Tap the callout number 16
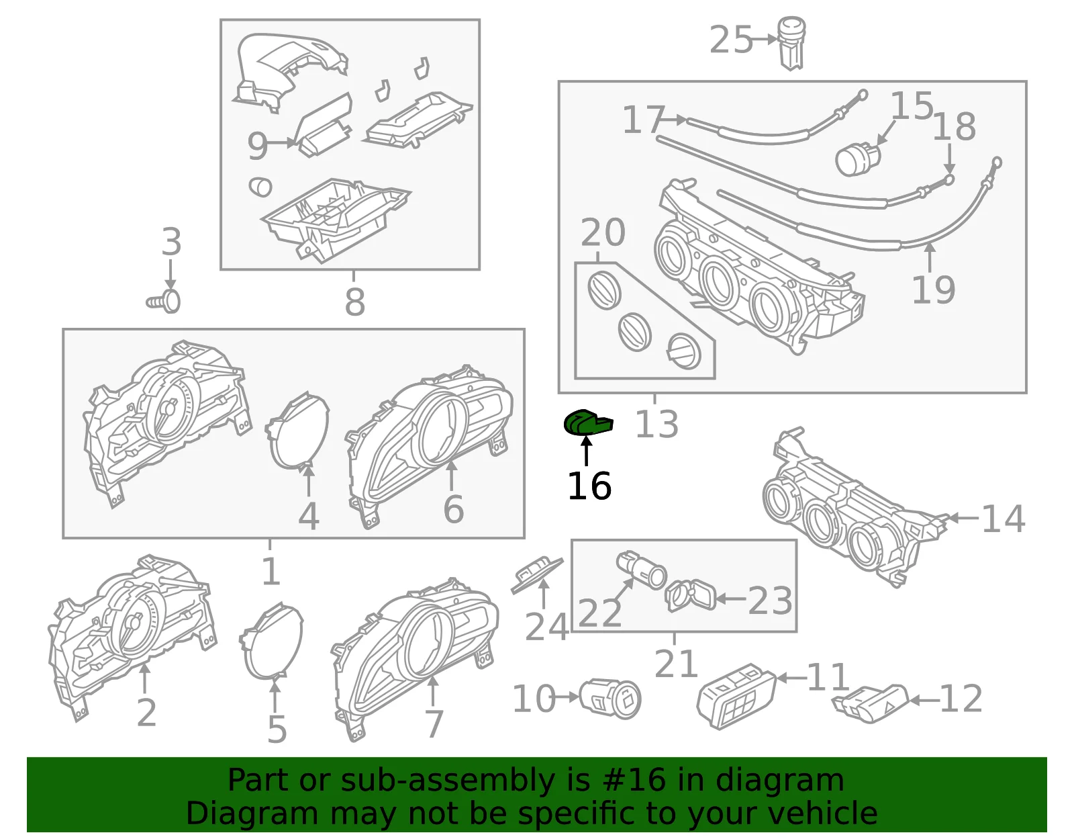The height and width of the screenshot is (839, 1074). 589,486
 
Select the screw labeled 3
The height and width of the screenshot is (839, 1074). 164,301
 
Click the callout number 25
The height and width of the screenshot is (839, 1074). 730,40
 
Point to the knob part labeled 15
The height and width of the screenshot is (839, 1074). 858,159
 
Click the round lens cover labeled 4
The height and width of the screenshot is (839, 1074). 297,430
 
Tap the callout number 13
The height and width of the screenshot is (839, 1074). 656,424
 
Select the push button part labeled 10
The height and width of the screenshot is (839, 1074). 610,699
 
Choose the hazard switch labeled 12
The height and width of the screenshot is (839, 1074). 871,704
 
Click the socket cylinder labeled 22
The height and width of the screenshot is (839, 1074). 641,570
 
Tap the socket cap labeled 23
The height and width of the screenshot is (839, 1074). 691,595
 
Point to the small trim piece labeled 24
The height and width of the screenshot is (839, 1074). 537,576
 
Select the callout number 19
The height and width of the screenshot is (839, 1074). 933,290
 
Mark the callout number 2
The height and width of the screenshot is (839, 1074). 146,713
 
